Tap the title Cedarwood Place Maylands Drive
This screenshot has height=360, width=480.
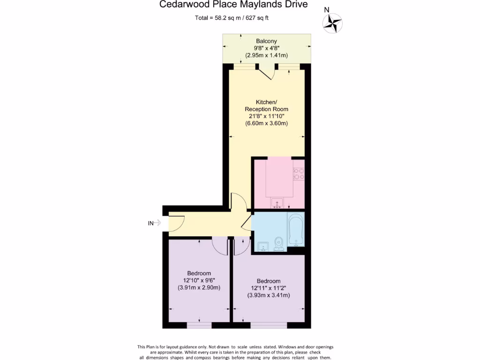pyautogui.click(x=233, y=5)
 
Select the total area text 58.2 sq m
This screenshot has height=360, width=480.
pyautogui.click(x=232, y=18)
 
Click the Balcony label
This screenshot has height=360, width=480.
pyautogui.click(x=266, y=41)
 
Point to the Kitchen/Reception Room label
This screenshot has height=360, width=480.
pyautogui.click(x=266, y=105)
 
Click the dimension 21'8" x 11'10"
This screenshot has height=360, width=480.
pyautogui.click(x=266, y=116)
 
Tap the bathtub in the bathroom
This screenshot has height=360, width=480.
pyautogui.click(x=296, y=230)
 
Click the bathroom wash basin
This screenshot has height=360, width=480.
pyautogui.click(x=263, y=247)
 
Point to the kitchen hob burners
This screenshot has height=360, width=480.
pyautogui.click(x=299, y=174)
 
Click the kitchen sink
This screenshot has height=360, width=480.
pyautogui.click(x=277, y=204)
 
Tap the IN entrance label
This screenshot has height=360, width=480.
pyautogui.click(x=150, y=223)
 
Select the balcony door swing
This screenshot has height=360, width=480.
pyautogui.click(x=267, y=72)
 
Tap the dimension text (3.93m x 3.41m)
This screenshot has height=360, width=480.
pyautogui.click(x=268, y=295)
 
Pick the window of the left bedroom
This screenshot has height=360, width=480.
pyautogui.click(x=199, y=325)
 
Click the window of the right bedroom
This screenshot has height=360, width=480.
pyautogui.click(x=268, y=325)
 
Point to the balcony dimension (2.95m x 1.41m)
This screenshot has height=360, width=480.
pyautogui.click(x=266, y=55)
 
